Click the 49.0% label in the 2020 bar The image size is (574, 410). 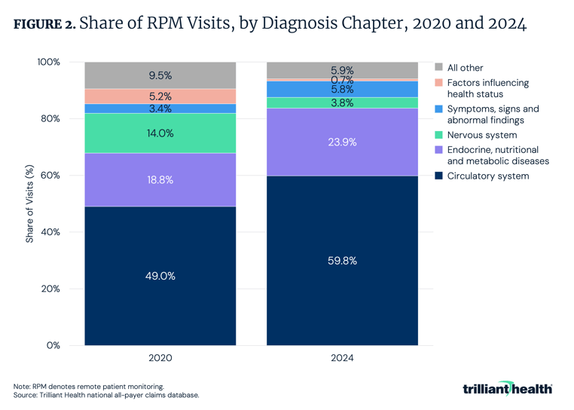(x=160, y=276)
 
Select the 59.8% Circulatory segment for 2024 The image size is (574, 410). (x=342, y=261)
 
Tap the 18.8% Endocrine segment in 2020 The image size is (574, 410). (x=160, y=180)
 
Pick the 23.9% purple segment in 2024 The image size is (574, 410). (x=342, y=142)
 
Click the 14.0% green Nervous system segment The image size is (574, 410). (x=160, y=133)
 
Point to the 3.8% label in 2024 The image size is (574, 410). (x=342, y=103)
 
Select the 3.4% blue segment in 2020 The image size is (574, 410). (x=160, y=109)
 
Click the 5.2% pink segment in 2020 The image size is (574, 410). (x=160, y=96)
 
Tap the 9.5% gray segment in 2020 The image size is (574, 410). (x=160, y=75)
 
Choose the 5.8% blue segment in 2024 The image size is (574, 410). (x=342, y=89)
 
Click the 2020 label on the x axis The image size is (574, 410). (x=160, y=358)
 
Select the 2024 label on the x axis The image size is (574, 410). (x=342, y=358)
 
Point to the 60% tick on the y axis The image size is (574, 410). (x=48, y=176)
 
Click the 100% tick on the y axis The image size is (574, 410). (x=47, y=62)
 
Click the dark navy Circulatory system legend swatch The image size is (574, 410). (x=439, y=176)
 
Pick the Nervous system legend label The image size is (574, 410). (x=482, y=135)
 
